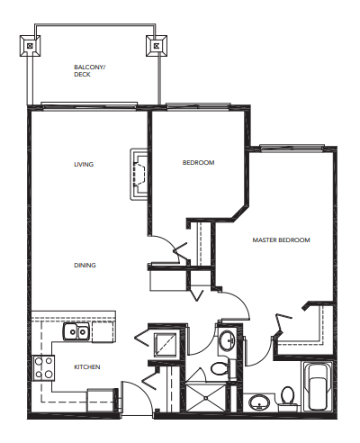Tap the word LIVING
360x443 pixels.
(84, 164)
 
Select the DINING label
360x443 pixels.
(85, 265)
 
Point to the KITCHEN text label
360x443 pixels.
(86, 366)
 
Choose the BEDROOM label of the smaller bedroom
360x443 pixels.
(198, 163)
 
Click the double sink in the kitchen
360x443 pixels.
(76, 332)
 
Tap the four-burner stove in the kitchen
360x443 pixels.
(42, 367)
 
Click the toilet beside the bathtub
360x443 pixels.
(287, 396)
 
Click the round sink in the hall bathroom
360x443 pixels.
(227, 341)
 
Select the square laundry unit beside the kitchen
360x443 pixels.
(165, 344)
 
